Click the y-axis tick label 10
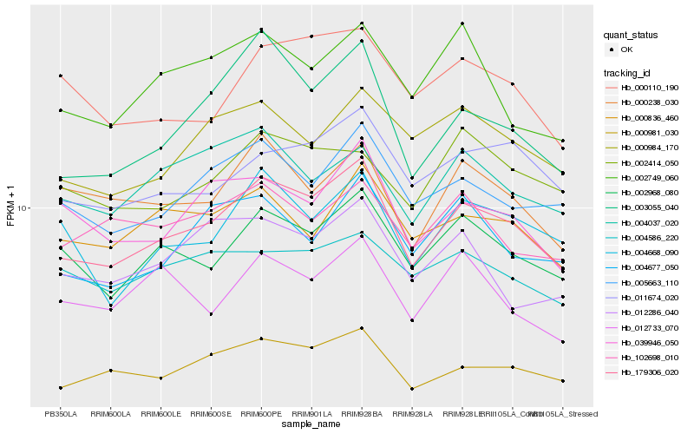(22, 208)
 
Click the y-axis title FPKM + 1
(10, 208)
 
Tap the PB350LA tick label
(60, 413)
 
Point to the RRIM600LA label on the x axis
(110, 413)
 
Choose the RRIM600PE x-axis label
(261, 413)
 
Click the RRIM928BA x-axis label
(362, 413)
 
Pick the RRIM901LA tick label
(311, 413)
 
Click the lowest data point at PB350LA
(60, 387)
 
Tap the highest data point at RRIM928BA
(362, 23)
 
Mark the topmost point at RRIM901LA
(311, 36)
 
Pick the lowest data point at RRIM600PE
(261, 339)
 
